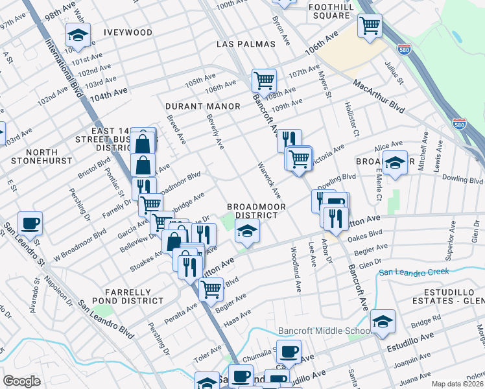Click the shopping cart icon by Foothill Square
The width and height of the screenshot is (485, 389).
point(370,27)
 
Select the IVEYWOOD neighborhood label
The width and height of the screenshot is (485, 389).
point(128,32)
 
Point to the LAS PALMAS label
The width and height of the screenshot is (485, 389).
point(246,44)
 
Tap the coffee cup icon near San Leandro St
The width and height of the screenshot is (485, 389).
point(30,224)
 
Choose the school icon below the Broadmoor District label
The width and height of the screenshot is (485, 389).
point(246,230)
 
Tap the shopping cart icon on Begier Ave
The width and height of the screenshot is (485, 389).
point(211,289)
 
